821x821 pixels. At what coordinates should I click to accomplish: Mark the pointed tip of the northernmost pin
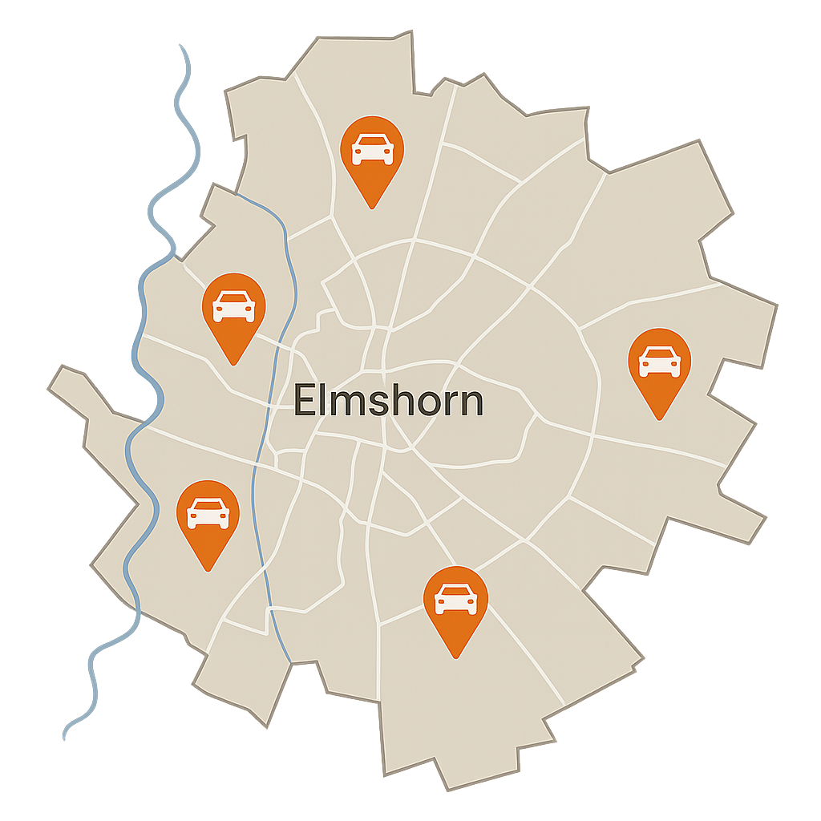point(372,208)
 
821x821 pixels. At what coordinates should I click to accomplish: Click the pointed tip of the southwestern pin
point(208,570)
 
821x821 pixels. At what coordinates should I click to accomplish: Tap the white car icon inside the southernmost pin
point(455,599)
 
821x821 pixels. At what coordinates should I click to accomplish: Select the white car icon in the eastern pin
point(659,361)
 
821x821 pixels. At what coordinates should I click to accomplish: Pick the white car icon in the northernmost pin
point(372,149)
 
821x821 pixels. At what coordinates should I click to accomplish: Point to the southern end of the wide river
point(66,734)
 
